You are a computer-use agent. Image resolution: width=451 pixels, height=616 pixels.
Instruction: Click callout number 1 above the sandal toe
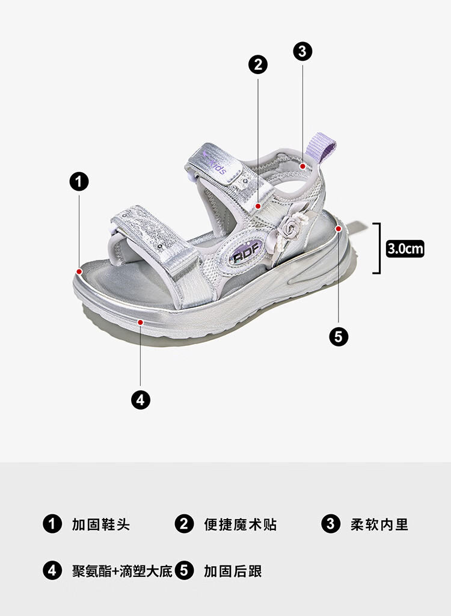pos(79,181)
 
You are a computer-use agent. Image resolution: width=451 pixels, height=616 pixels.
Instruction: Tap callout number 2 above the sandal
pos(258,64)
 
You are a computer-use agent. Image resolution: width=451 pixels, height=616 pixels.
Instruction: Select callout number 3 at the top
pos(302,51)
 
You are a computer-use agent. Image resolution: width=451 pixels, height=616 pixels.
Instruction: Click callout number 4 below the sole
pos(141,399)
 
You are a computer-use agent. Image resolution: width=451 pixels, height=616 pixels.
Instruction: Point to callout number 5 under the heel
pos(339,336)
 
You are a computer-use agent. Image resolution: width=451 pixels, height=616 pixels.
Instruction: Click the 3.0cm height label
pos(405,248)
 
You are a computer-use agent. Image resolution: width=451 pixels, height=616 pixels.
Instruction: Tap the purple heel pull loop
pos(325,147)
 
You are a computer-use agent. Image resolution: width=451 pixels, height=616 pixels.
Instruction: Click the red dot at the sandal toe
pos(79,271)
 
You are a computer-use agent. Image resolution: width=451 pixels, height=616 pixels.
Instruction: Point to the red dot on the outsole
pos(140,322)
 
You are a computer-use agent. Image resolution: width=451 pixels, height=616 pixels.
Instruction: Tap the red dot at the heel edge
pos(339,229)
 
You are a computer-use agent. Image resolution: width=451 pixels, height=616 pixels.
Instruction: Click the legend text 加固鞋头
pos(100,524)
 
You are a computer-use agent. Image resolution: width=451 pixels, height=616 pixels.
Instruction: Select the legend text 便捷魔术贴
pos(240,524)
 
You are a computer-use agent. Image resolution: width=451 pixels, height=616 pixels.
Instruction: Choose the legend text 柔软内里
pos(379,524)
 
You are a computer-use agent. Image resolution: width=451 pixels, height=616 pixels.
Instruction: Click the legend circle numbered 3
pos(331,524)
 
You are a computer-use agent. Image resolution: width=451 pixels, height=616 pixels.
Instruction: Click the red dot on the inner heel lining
pos(304,165)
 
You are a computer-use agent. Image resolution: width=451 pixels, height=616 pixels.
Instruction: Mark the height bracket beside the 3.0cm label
pos(378,248)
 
